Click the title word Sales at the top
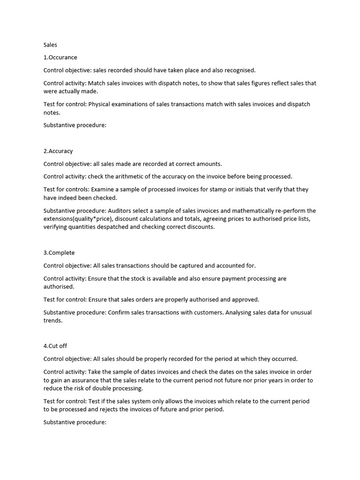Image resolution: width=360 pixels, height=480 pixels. tap(50, 45)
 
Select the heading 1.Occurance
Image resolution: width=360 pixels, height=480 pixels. tap(60, 58)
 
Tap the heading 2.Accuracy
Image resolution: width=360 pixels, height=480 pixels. tap(58, 151)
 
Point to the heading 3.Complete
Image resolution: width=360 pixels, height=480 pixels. tap(59, 253)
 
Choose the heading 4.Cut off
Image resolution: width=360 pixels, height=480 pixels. tap(55, 346)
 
